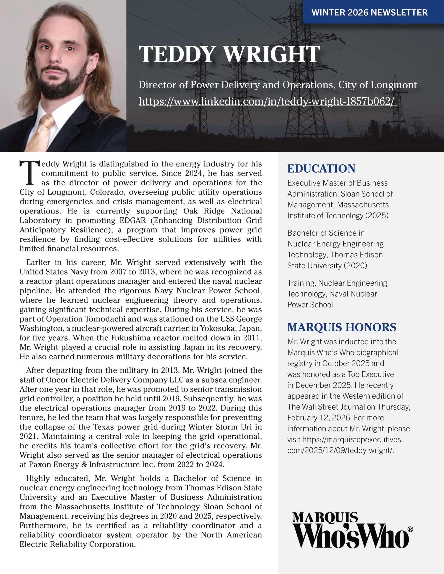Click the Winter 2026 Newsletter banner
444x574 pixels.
[x=369, y=12]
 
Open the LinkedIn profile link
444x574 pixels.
[x=267, y=101]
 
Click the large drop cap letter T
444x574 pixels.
[x=29, y=173]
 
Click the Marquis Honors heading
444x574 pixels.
[x=342, y=327]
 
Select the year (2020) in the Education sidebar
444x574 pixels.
[x=355, y=265]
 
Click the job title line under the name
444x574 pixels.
[x=277, y=85]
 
